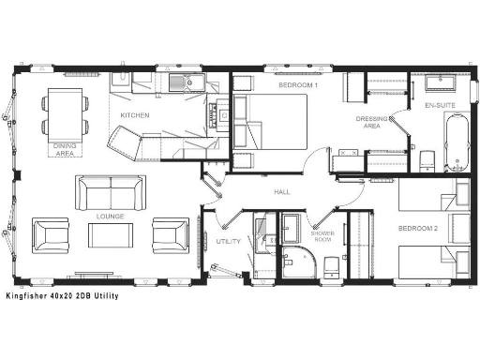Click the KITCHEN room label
pos(134,115)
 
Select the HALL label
pos(280,191)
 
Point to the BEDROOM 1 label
pos(298,85)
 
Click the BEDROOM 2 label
pos(415,229)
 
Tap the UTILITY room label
pos(228,241)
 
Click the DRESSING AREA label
pos(367,122)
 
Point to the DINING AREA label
pos(64,149)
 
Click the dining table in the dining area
pos(64,112)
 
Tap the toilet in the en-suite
pos(425,161)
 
